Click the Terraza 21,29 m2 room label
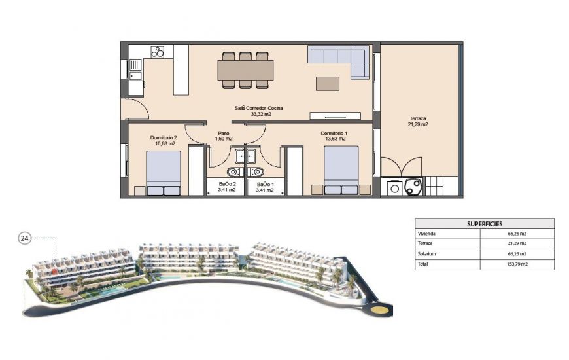419,121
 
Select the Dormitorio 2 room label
164,140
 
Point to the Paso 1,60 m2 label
224,135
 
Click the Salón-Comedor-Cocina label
259,111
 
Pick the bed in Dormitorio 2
163,173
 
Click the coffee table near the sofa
328,84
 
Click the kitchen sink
135,65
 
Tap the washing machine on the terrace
395,188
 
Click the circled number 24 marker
24,238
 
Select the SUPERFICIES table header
484,223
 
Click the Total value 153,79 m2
517,264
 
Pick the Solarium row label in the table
426,254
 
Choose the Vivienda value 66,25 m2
517,233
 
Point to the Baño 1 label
266,188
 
